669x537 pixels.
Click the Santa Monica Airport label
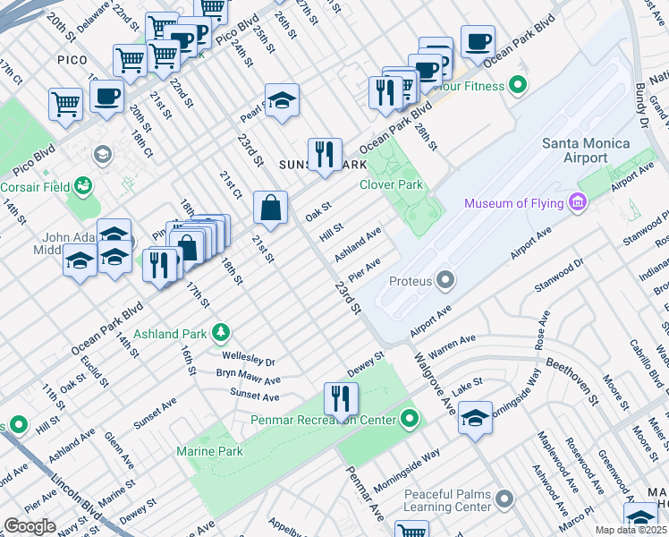(x=587, y=151)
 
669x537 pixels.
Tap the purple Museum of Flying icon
(x=578, y=204)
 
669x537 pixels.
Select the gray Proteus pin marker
(x=445, y=281)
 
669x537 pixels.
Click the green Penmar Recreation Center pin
(x=410, y=418)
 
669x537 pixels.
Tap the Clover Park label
(x=390, y=185)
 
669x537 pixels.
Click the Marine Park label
(x=209, y=451)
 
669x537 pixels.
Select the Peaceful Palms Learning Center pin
(x=504, y=499)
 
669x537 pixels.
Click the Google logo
(x=30, y=526)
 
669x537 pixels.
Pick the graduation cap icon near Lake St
(x=475, y=417)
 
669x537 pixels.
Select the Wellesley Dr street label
(x=247, y=359)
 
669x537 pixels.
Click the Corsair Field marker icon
(x=84, y=185)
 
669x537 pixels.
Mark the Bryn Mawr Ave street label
(x=248, y=376)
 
